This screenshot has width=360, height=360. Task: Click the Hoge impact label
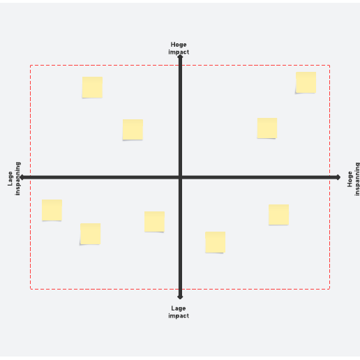179,48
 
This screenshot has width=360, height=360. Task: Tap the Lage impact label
179,312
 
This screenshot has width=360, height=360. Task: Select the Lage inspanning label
14,179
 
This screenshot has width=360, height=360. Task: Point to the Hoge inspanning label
354,179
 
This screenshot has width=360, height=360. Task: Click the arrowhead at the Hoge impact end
180,57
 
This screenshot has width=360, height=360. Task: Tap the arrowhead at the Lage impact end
180,297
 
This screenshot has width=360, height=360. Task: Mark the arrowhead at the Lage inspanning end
22,177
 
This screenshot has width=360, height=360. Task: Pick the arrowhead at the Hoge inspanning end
338,177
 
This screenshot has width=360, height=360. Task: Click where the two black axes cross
180,177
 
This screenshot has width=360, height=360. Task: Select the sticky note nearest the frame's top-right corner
306,82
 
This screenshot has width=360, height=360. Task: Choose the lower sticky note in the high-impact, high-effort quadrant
267,128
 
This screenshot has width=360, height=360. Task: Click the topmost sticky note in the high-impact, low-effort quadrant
92,87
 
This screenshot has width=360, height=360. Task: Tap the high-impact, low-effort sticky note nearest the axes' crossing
133,130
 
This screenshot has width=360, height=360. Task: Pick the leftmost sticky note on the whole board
52,210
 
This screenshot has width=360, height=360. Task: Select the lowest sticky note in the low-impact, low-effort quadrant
90,234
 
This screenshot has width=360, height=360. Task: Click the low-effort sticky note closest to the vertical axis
154,222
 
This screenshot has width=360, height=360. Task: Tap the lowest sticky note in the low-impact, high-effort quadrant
215,242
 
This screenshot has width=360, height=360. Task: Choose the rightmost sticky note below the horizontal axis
278,215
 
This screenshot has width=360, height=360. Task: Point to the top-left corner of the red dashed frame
30,66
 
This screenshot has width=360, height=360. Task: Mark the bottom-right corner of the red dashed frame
329,289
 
